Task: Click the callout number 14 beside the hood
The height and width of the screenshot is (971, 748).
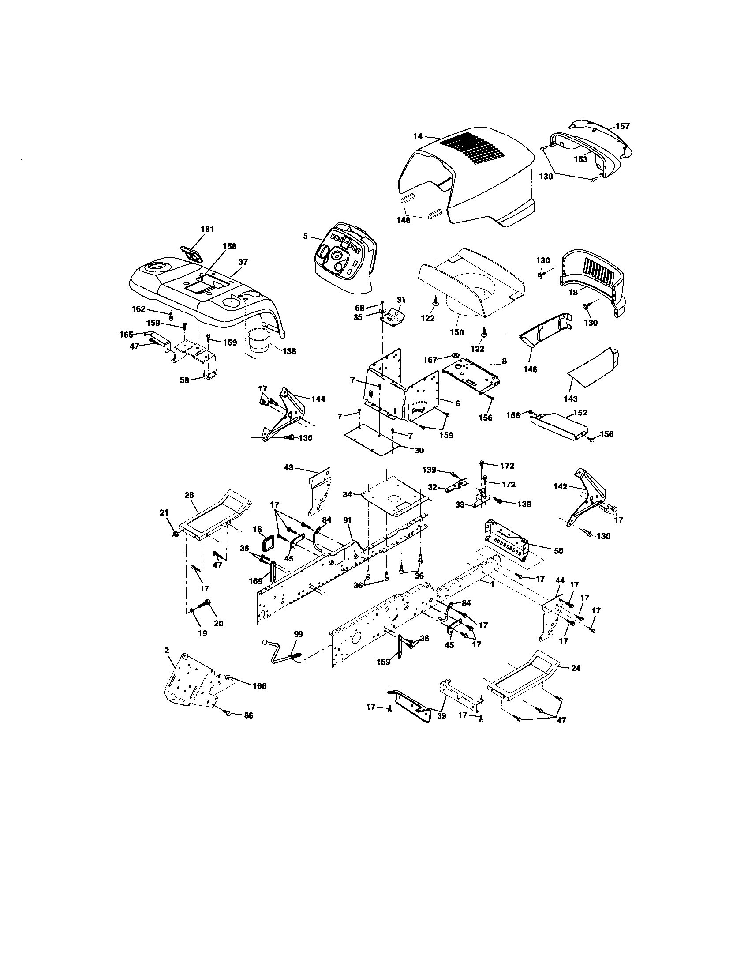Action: [x=418, y=136]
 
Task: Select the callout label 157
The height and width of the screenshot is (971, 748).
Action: [x=622, y=126]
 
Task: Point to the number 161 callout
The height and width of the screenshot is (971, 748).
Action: [x=207, y=230]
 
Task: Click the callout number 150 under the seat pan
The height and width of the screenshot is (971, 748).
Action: [x=456, y=332]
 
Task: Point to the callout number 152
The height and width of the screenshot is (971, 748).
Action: [x=580, y=413]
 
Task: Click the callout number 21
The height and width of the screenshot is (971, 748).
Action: [x=164, y=512]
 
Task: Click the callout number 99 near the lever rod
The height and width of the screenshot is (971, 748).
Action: [x=299, y=633]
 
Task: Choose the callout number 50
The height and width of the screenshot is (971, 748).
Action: [x=558, y=551]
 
